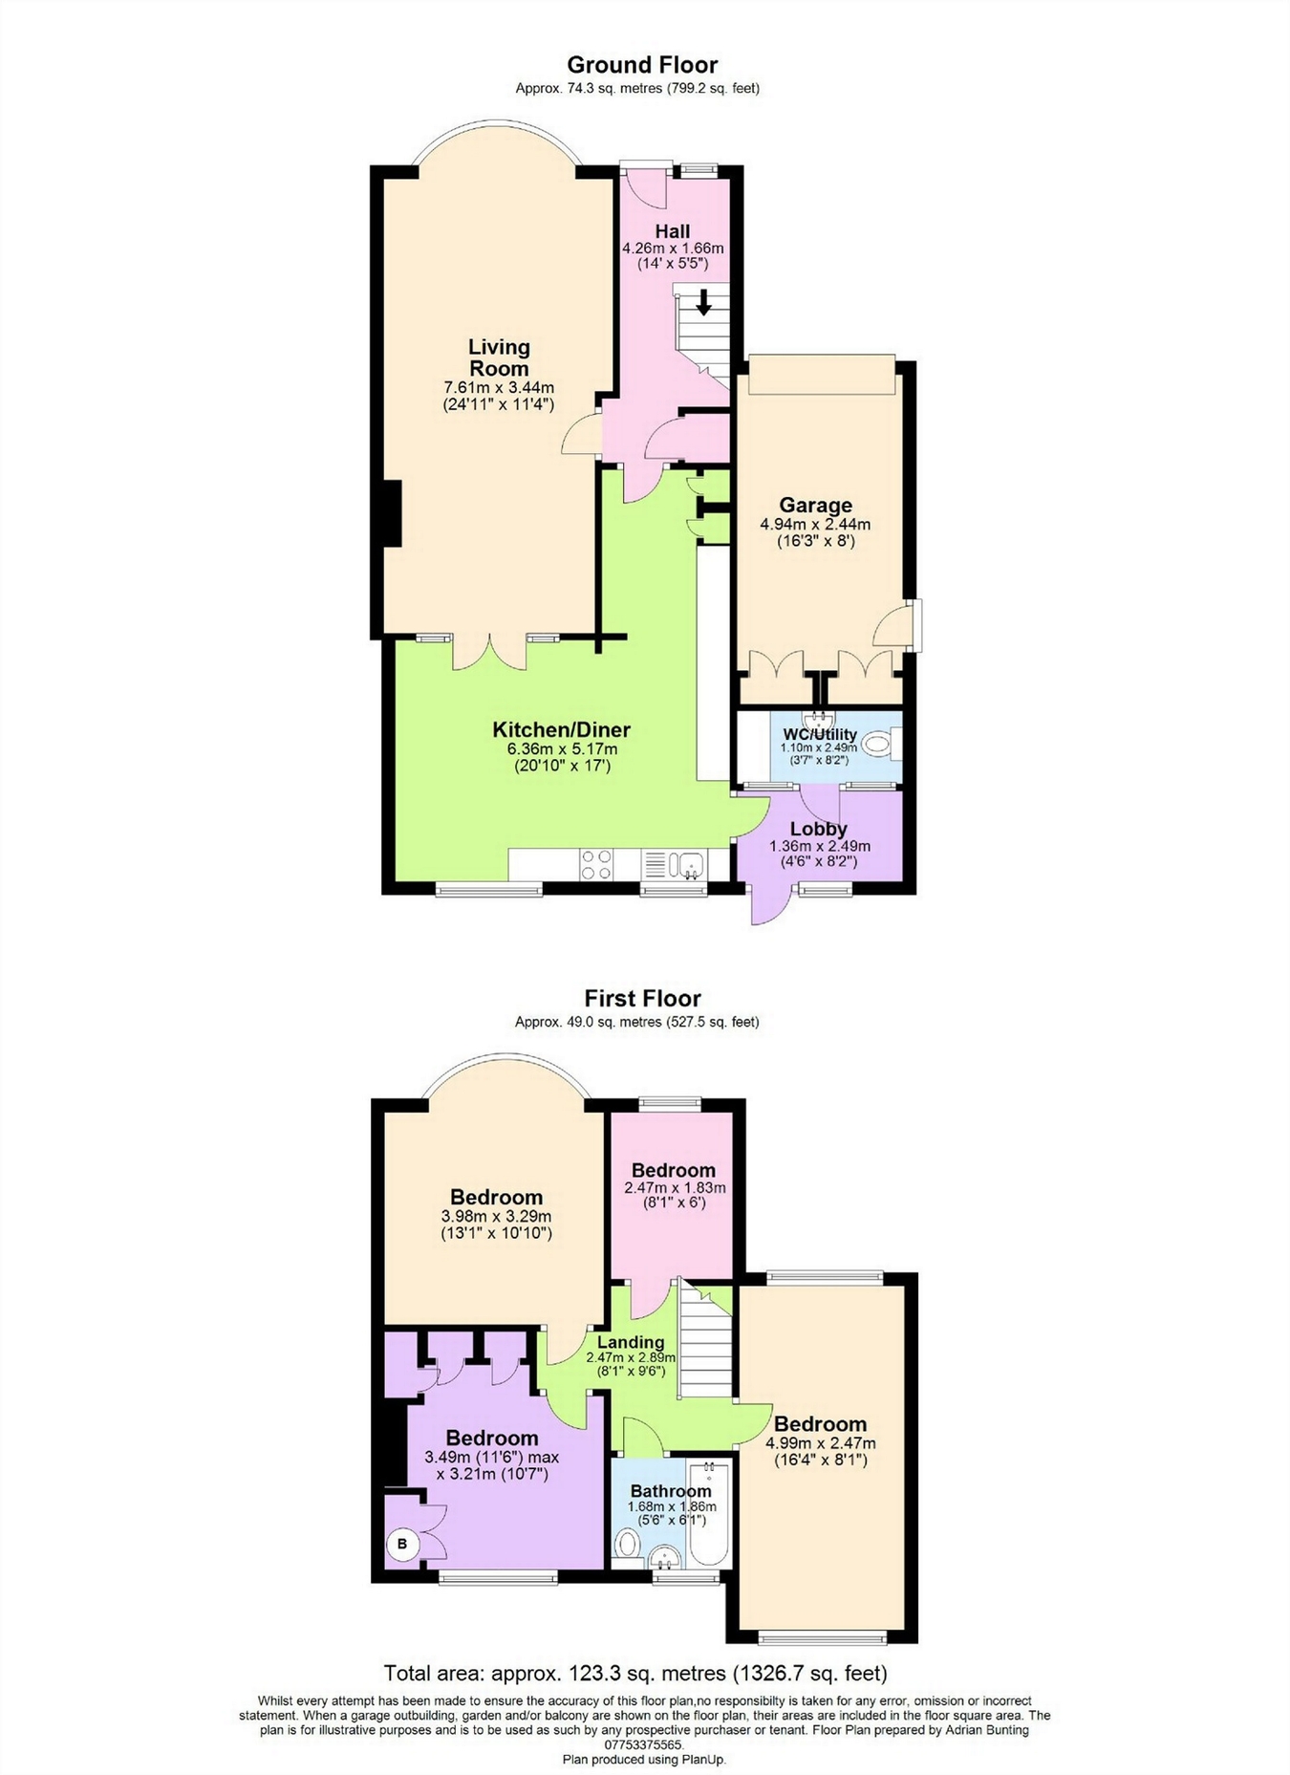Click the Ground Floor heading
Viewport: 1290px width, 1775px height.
coord(642,65)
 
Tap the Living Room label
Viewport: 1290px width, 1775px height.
coord(499,357)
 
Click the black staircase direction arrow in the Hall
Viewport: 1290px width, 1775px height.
coord(703,303)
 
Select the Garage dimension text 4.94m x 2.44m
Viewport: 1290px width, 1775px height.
coord(815,524)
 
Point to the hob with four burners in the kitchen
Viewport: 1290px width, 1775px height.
coord(596,864)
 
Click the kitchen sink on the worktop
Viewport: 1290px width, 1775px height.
coord(687,865)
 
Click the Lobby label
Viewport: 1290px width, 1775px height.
coord(818,829)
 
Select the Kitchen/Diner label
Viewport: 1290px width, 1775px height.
coord(561,729)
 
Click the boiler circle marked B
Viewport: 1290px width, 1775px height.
coord(402,1543)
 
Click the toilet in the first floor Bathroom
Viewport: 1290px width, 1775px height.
coord(627,1541)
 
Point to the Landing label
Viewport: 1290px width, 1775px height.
coord(631,1342)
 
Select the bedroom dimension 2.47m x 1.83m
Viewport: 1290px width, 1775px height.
coord(675,1188)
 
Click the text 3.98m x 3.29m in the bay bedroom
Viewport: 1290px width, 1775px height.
coord(496,1217)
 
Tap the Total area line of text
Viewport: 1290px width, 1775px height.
coord(635,1673)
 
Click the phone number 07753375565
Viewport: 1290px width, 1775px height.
coord(644,1743)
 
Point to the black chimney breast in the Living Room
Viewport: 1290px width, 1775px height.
coord(391,513)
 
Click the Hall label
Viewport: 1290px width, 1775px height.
coord(673,231)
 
